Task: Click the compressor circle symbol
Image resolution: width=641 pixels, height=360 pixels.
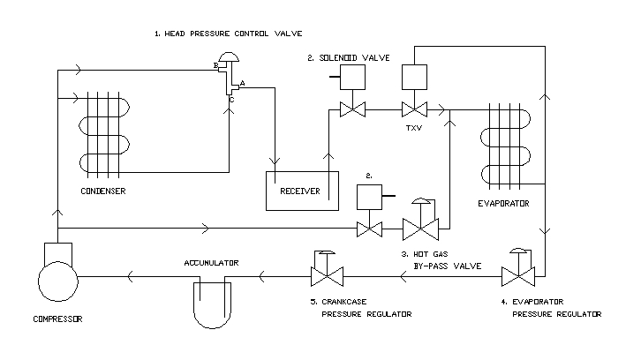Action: [58, 283]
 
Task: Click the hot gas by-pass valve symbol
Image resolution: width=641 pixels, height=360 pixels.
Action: [421, 231]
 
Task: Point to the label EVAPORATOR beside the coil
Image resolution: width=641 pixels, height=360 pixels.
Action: [503, 203]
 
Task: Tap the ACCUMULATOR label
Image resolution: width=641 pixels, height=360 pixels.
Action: [213, 262]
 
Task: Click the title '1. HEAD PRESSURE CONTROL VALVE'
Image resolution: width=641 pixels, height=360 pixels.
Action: [228, 33]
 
